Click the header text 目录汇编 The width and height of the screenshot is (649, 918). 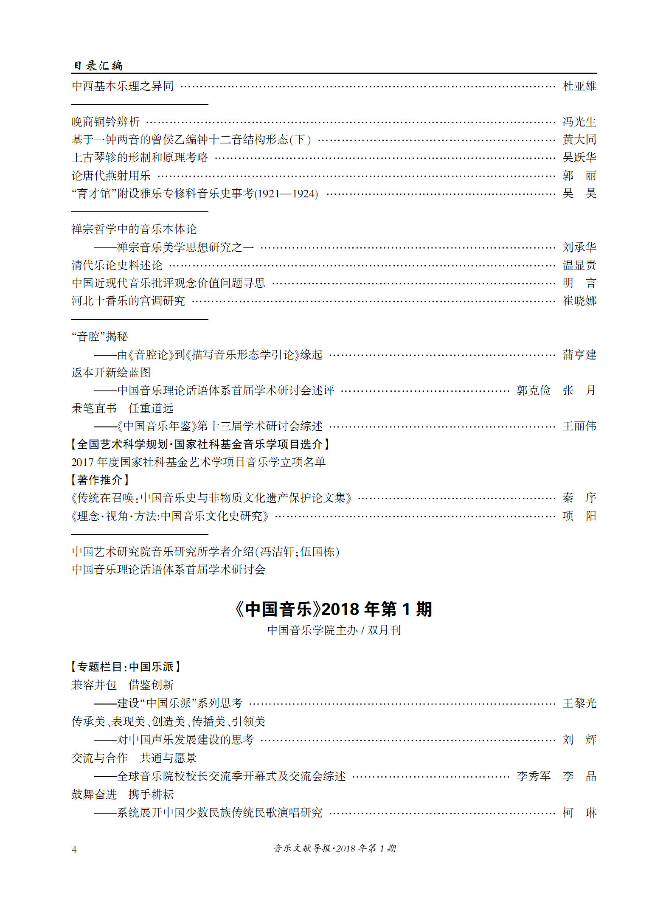pos(98,65)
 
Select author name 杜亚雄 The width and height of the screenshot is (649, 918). pos(579,86)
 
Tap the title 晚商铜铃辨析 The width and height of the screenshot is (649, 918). pos(106,122)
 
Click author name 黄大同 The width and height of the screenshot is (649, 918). pos(579,140)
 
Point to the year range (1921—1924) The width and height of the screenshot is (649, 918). pos(286,194)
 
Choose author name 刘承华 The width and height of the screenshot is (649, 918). pos(579,247)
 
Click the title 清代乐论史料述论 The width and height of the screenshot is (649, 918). pos(117,265)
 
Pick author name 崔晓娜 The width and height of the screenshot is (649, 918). pos(579,301)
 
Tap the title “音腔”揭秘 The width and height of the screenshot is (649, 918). pos(100,337)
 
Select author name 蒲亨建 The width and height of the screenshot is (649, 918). pos(579,355)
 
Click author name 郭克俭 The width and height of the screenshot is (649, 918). pos(533,390)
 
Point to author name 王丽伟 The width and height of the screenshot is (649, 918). pos(579,426)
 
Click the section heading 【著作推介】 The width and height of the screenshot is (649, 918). pos(100,480)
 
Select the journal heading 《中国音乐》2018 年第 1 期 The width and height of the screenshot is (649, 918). pos(334,609)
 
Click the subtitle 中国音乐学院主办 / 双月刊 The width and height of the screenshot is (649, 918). pos(334,630)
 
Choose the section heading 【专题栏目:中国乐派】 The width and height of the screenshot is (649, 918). pos(126,667)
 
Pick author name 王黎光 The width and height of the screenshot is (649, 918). pos(579,703)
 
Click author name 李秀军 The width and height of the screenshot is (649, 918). pos(533,776)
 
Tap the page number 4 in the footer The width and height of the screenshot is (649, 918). pos(74,849)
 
